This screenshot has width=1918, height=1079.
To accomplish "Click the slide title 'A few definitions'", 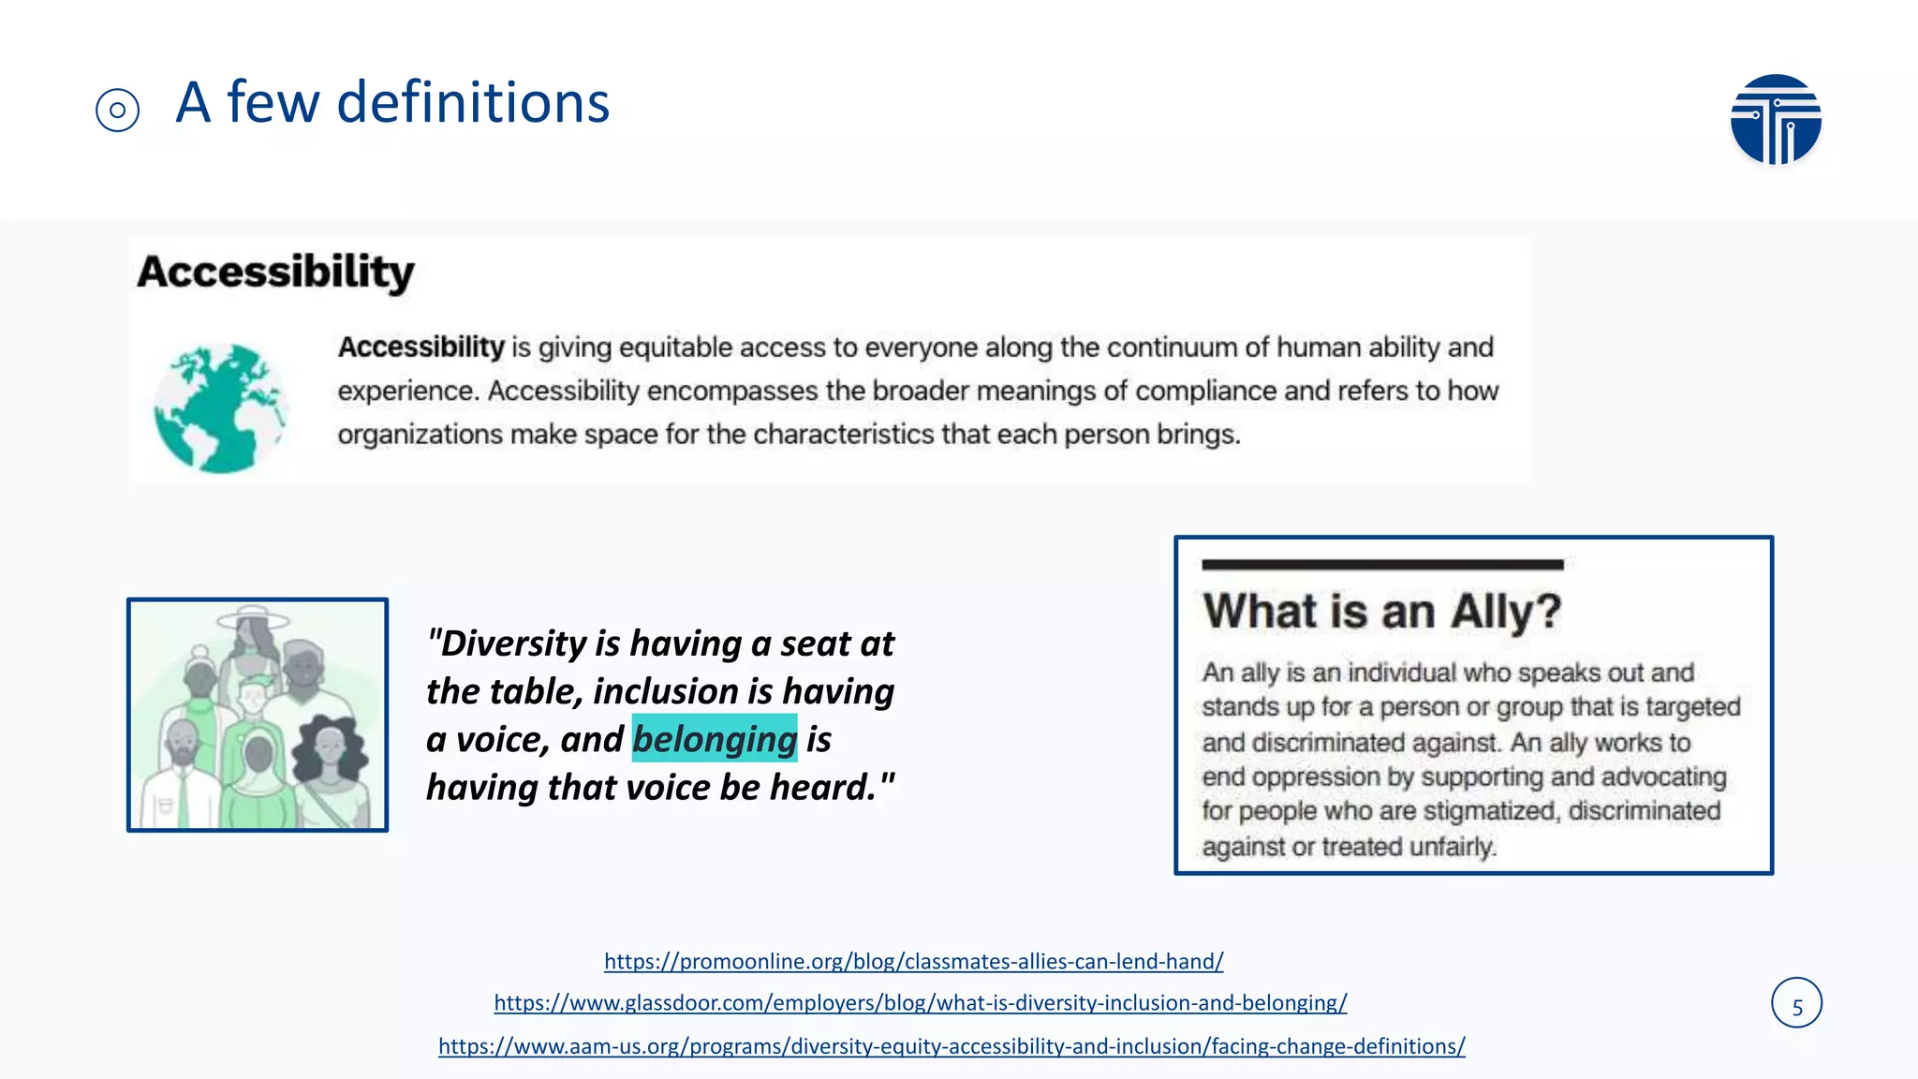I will click(392, 102).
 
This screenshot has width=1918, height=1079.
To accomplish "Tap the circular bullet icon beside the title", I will click(117, 111).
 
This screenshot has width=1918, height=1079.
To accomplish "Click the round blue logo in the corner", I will click(1775, 119).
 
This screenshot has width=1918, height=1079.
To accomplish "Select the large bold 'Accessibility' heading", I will click(275, 273).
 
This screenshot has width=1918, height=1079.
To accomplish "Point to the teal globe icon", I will click(220, 407).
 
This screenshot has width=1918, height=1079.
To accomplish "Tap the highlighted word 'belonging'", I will click(715, 739).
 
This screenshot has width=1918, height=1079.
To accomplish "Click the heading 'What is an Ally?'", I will click(1382, 612).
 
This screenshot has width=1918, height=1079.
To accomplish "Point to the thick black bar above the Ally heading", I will click(1382, 565).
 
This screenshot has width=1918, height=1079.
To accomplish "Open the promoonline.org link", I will click(913, 961).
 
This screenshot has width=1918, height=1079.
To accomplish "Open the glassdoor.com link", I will click(920, 1003).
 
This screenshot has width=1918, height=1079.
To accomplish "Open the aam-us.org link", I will click(952, 1046).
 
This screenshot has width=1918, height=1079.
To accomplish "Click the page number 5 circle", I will click(1796, 1003).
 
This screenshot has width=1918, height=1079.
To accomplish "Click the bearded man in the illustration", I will click(183, 759).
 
